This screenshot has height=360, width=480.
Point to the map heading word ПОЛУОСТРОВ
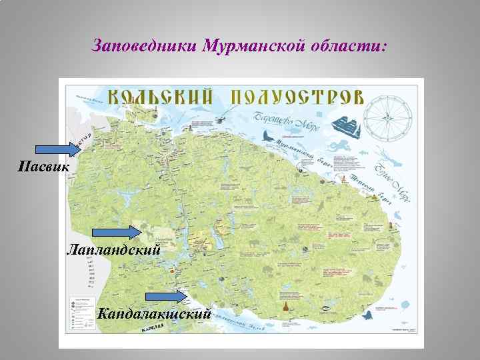298,95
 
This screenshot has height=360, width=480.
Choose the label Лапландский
113,250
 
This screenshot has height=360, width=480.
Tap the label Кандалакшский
155,313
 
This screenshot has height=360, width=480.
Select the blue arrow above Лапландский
115,233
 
